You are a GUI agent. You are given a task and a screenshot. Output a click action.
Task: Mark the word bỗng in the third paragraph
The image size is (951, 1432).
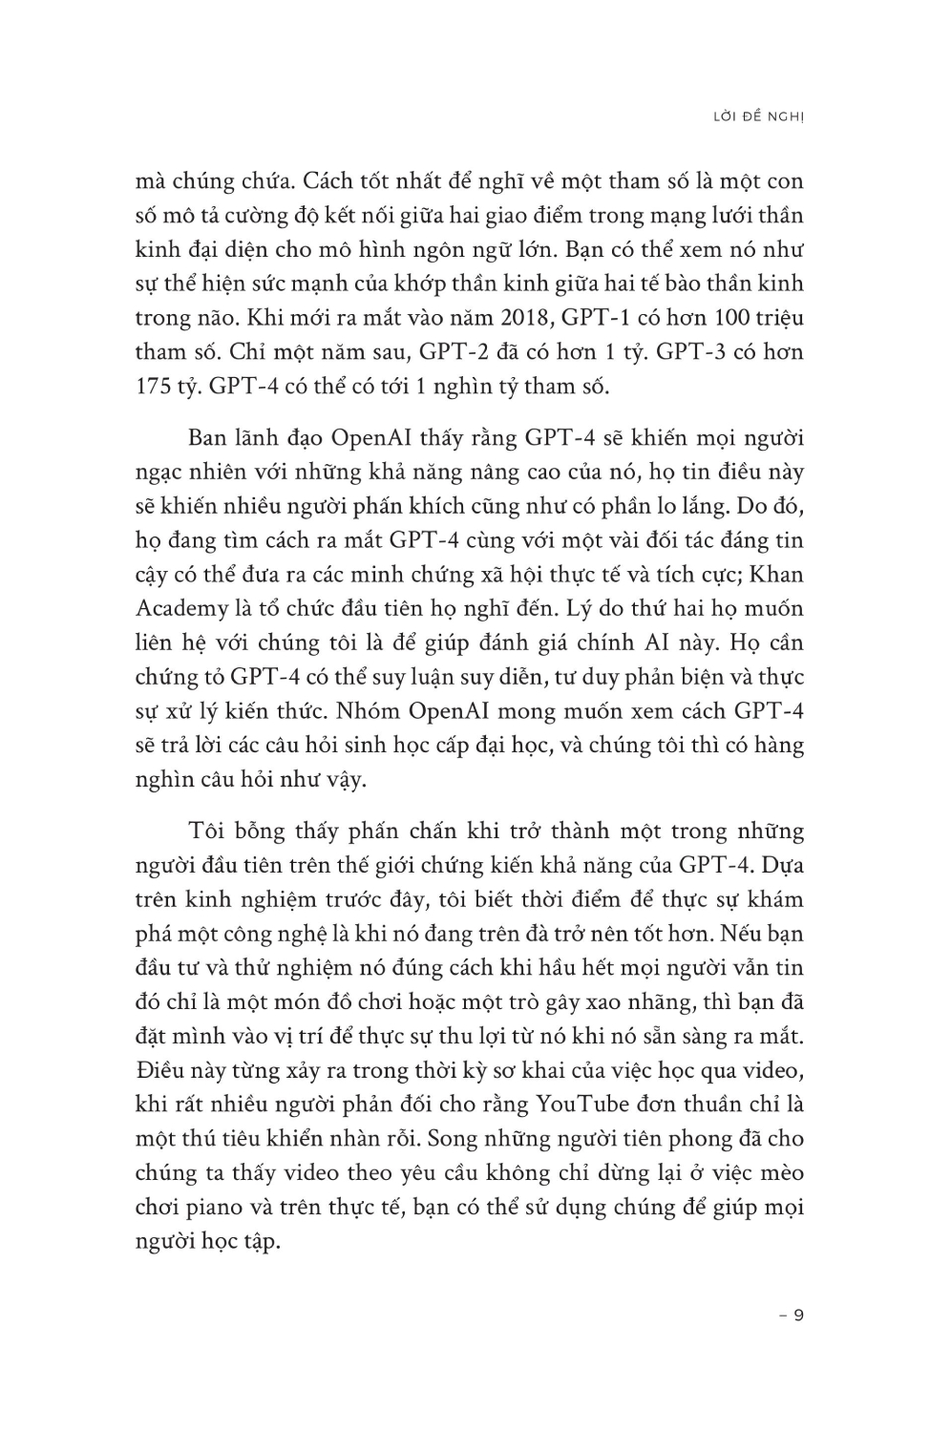tap(258, 831)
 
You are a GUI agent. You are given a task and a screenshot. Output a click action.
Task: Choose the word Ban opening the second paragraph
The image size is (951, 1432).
tap(209, 438)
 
